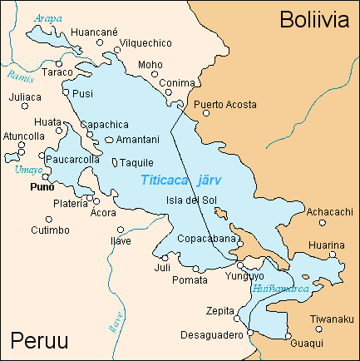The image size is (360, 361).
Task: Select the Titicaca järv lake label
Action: [181, 179]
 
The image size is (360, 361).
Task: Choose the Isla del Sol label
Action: [193, 200]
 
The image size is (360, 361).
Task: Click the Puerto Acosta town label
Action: [225, 105]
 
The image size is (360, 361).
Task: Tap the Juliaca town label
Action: [25, 97]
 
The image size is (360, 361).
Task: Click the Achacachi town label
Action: [331, 212]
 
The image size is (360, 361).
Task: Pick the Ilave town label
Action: [121, 242]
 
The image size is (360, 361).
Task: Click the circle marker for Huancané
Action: [100, 42]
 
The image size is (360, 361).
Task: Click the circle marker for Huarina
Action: [331, 255]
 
